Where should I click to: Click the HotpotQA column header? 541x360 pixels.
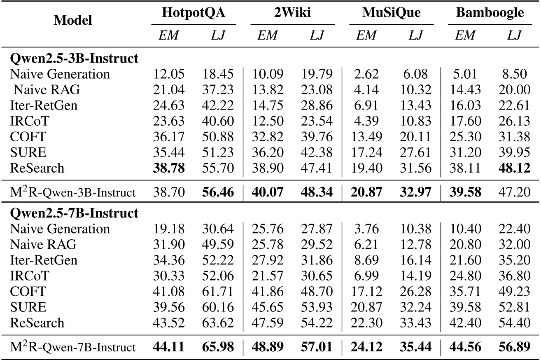[x=194, y=13]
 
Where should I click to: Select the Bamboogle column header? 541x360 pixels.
[x=490, y=13]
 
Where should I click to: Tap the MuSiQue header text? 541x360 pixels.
[x=392, y=13]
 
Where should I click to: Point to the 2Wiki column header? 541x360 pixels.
[x=292, y=13]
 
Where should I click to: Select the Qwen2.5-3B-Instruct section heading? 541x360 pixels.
[x=74, y=58]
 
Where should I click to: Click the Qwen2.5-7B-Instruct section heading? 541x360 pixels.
[x=74, y=213]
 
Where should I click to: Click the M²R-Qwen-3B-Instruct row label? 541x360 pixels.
[x=72, y=191]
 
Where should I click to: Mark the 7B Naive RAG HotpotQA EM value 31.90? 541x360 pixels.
[x=169, y=245]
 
